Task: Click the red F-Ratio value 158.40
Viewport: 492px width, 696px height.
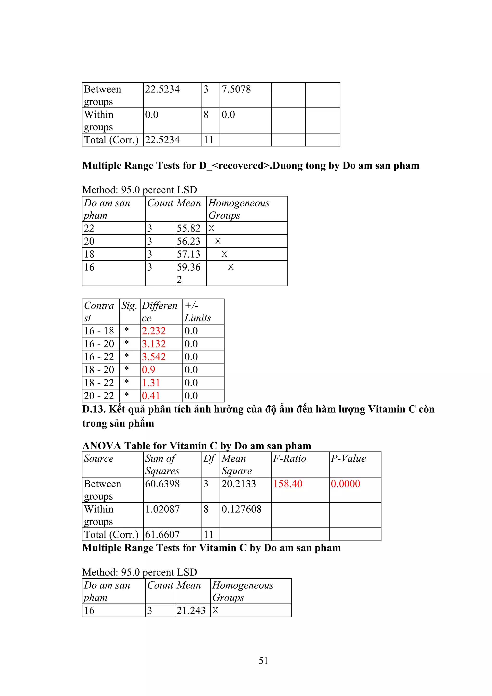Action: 288,484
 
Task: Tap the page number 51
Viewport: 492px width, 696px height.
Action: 263,660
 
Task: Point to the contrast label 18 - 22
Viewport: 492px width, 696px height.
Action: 99,383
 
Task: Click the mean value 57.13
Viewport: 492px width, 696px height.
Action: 188,254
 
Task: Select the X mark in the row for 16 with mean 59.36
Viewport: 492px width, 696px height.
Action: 231,267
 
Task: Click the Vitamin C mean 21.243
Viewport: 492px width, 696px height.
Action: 191,610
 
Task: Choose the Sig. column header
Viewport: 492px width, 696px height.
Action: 129,306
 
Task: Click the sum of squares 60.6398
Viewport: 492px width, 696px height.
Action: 162,484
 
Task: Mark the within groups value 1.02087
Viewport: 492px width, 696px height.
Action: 162,509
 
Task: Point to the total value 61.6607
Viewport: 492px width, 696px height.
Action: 162,534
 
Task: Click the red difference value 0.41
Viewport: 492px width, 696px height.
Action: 151,395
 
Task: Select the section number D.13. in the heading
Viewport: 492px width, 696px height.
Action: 94,409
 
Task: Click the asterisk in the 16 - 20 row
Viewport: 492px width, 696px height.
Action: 127,343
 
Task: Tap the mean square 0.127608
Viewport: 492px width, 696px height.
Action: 241,509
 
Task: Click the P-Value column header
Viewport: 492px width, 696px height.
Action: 348,459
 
